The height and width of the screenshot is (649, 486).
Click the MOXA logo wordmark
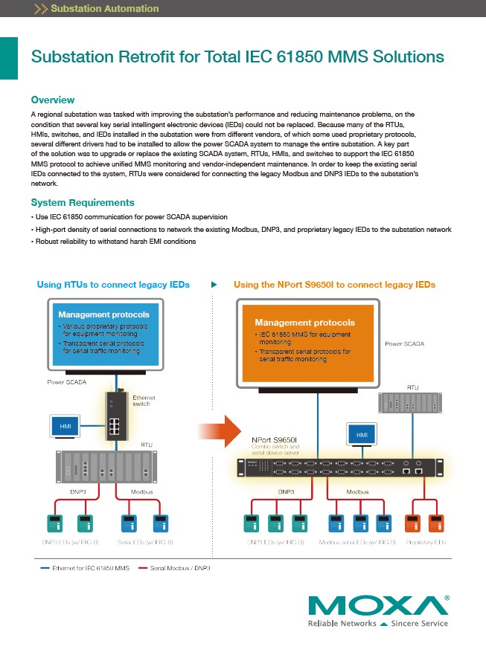click(378, 605)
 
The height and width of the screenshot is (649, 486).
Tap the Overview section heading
click(52, 100)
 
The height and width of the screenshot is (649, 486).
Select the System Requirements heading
click(83, 202)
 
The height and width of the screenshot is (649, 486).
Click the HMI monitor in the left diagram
click(65, 427)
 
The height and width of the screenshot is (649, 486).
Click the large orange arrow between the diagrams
click(221, 432)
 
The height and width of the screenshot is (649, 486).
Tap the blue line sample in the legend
click(44, 568)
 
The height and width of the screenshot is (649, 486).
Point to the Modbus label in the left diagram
click(141, 492)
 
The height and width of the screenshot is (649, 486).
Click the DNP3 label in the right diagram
click(286, 492)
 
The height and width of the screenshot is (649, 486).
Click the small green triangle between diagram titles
click(214, 285)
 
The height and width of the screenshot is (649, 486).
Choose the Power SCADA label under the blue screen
click(67, 382)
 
